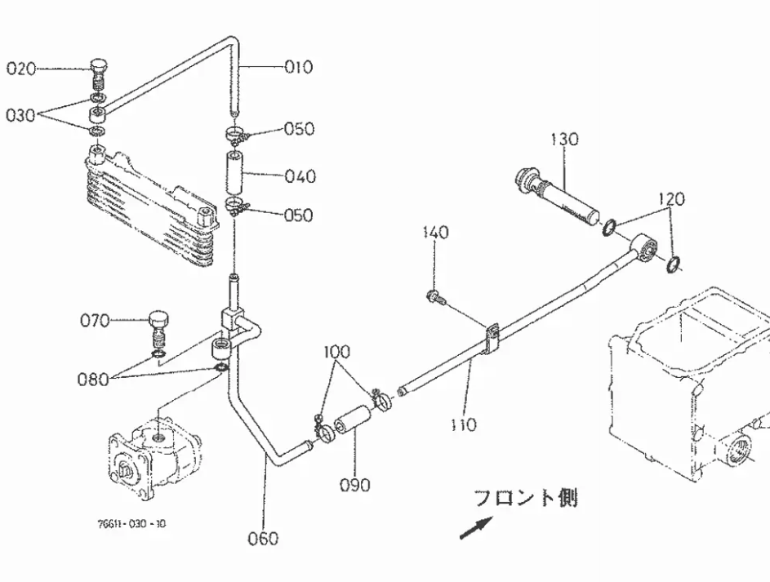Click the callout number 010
coord(299,67)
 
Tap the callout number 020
coord(21,69)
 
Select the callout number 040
coord(300,176)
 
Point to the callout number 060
coord(263,539)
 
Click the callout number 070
coord(95,321)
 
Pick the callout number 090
coord(355,486)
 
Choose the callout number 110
coord(464,424)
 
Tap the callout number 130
coord(564,140)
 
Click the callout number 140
coord(435,232)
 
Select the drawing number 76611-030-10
coord(131,523)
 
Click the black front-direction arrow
coord(476,528)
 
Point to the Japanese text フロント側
coord(526,498)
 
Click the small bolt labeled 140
coord(434,296)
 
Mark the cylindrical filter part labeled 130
coord(559,195)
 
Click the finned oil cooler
coord(151,206)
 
